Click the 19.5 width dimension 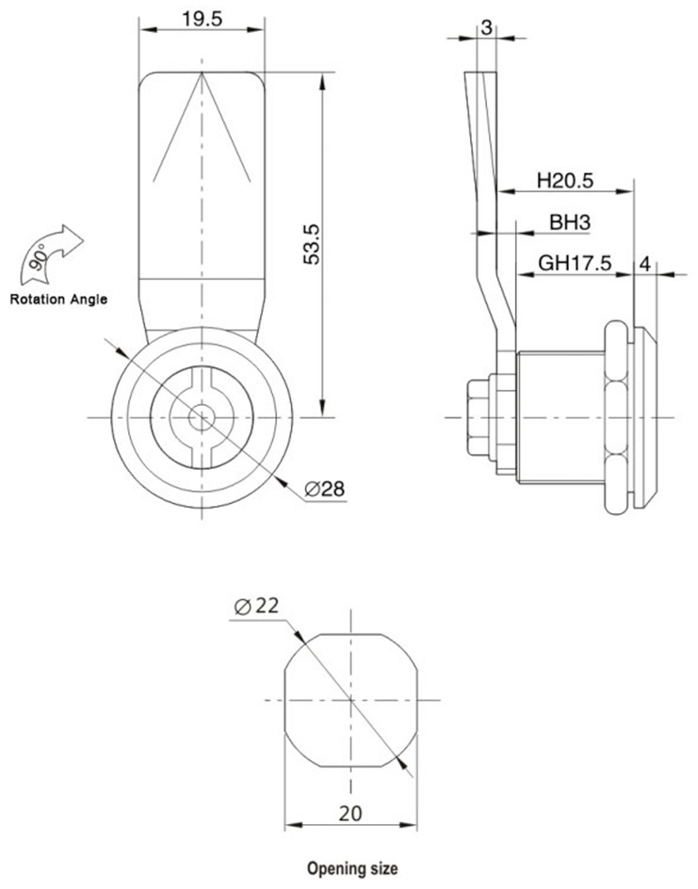202,19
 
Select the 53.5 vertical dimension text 312,244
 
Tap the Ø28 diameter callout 324,489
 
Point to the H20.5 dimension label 565,180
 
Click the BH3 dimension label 570,222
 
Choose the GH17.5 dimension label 575,263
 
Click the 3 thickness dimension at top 486,27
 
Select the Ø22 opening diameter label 256,606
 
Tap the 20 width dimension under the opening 350,814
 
